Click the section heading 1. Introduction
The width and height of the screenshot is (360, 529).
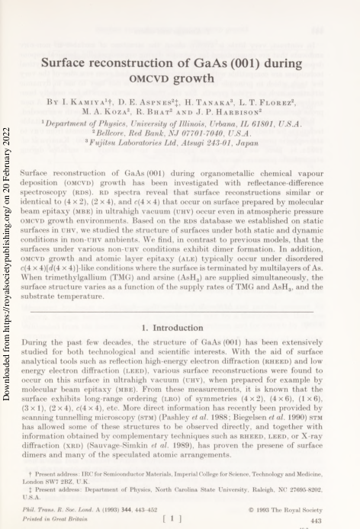[x=179, y=326]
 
